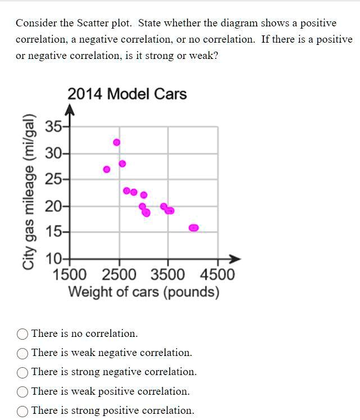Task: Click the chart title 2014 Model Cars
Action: coord(127,94)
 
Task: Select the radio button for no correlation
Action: coord(23,334)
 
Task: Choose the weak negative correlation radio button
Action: coord(23,353)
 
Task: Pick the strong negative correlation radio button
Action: coord(23,372)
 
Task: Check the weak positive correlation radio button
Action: coord(23,391)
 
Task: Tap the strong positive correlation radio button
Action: coord(23,410)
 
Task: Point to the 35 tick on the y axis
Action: coord(54,126)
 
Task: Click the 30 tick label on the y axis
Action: coord(54,153)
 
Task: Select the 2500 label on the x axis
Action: coord(119,275)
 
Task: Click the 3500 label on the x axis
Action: coord(168,275)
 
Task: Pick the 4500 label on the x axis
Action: coord(217,275)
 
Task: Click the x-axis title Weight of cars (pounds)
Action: coord(144,293)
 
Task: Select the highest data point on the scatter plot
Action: coord(117,143)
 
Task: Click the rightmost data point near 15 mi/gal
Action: coord(193,228)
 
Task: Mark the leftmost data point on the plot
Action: coord(107,169)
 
